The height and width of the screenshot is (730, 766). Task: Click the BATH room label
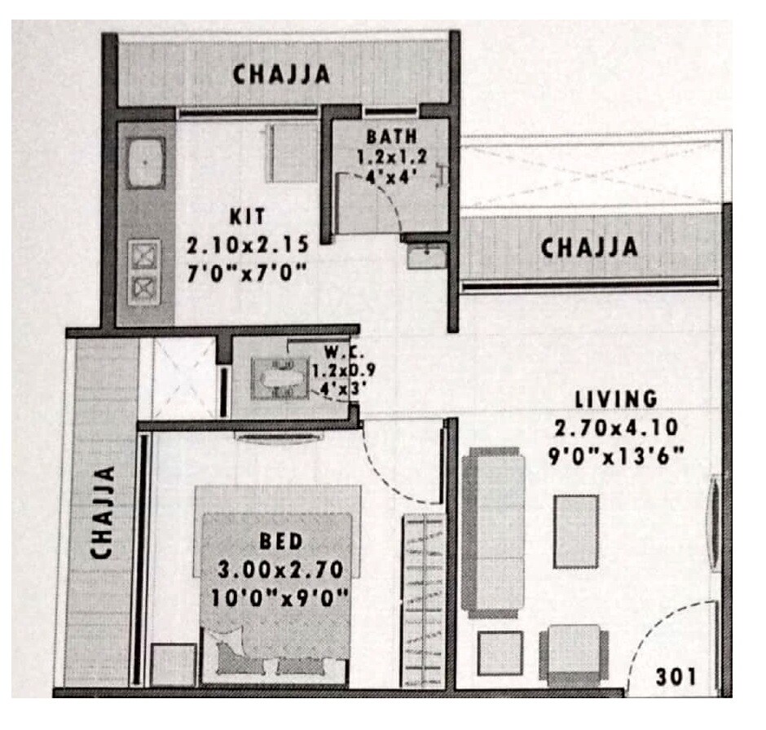click(x=392, y=136)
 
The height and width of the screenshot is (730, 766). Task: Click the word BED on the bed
click(x=281, y=541)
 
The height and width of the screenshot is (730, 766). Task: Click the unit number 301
click(x=676, y=675)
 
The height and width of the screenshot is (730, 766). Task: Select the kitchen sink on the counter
click(x=146, y=162)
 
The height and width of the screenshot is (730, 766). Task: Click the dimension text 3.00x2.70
click(x=280, y=569)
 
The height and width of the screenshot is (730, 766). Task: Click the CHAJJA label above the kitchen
click(x=282, y=74)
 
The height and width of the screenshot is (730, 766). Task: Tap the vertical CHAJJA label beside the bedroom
click(x=101, y=512)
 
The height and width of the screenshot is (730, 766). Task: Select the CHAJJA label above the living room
click(x=589, y=245)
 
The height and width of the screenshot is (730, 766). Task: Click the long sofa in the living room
click(x=491, y=534)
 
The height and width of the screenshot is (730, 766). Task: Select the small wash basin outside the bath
click(x=425, y=257)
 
